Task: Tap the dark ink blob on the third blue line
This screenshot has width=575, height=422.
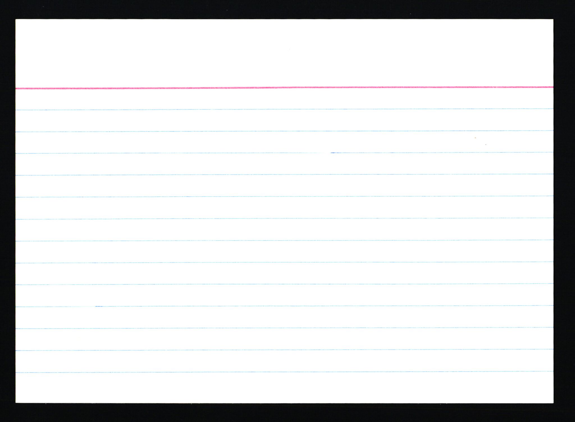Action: pos(333,153)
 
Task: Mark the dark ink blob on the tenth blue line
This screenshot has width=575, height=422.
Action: pos(98,306)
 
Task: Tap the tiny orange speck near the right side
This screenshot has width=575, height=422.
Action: pos(475,138)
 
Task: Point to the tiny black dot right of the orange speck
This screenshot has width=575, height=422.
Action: pos(486,145)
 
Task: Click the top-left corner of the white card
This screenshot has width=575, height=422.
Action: pos(16,20)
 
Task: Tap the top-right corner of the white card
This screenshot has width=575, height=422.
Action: pos(553,20)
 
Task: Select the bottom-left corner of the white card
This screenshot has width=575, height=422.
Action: pos(16,403)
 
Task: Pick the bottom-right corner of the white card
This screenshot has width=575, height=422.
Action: pos(553,403)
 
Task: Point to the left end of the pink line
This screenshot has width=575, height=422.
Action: pos(16,89)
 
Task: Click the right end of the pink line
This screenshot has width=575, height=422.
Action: pos(553,87)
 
